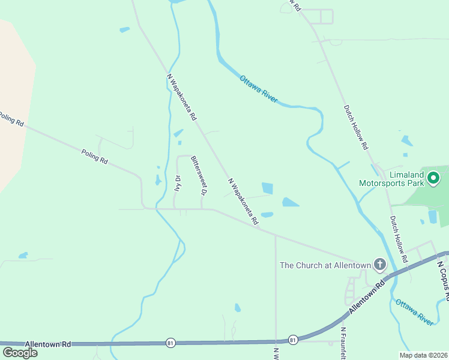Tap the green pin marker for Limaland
(432, 178)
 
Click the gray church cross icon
(379, 264)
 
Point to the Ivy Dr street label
(178, 182)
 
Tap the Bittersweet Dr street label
(198, 175)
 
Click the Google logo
(20, 352)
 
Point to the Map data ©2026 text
(423, 355)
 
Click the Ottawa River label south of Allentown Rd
(414, 311)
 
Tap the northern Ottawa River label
(259, 89)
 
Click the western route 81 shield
(170, 343)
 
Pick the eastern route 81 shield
(293, 340)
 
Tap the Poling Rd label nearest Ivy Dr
(94, 157)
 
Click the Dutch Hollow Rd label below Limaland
(399, 239)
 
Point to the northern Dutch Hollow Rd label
(355, 127)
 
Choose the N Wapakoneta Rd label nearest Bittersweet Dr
(243, 197)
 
